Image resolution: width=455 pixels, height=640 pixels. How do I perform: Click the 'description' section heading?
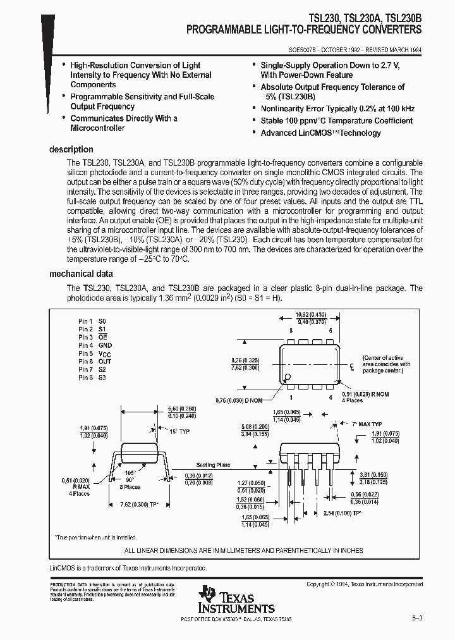point(71,150)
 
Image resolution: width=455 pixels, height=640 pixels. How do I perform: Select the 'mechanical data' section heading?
point(81,274)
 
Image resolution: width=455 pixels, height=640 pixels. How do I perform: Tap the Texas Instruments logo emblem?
point(207,596)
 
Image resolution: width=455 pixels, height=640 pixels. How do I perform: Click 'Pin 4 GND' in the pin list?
point(95,345)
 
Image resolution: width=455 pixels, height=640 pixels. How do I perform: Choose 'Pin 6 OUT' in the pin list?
point(95,362)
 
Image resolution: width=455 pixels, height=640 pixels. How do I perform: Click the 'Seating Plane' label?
point(214,465)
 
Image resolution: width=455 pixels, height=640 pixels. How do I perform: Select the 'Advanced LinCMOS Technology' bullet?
point(320,133)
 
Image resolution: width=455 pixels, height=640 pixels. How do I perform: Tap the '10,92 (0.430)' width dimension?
point(310,314)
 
